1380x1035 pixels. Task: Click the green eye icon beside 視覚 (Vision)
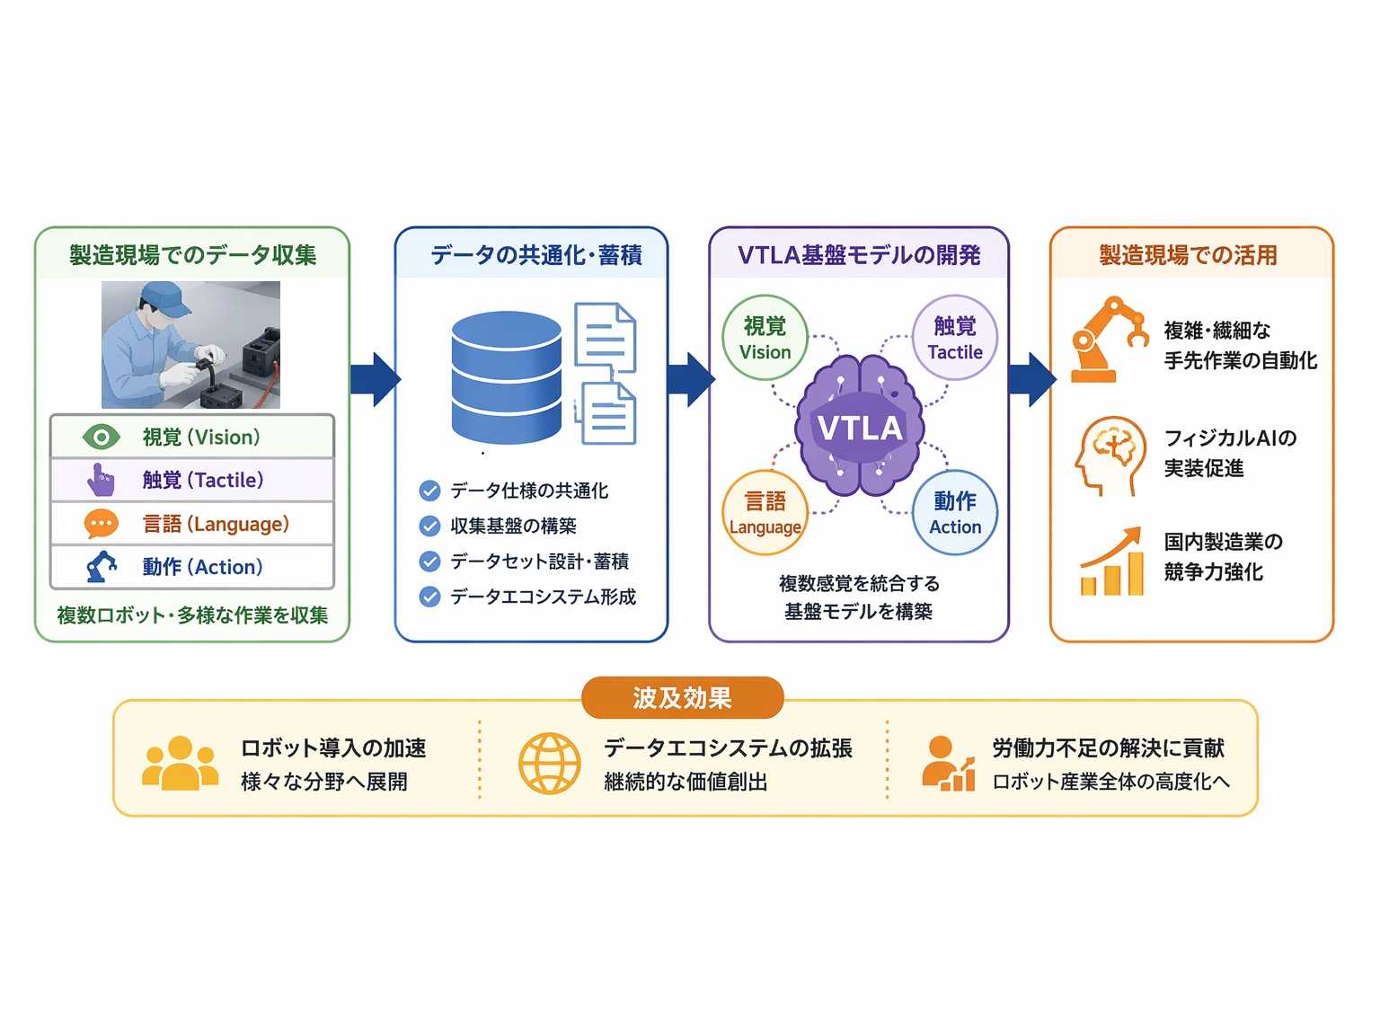pos(101,437)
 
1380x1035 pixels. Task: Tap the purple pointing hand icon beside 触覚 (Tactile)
pos(101,480)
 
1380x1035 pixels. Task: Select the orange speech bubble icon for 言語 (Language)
pos(101,524)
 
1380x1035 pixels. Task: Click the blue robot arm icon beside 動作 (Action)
pos(102,567)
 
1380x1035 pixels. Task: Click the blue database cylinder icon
pos(506,378)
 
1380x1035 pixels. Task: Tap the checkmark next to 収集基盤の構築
pos(429,526)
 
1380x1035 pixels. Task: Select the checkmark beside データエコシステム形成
pos(429,597)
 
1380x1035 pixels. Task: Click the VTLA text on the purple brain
pos(860,429)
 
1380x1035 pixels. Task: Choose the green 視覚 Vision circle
pos(765,338)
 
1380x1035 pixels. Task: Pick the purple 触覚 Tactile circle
pos(954,338)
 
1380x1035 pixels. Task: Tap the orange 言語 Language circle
pos(765,513)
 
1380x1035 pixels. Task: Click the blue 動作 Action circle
pos(954,513)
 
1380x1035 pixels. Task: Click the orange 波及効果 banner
pos(682,697)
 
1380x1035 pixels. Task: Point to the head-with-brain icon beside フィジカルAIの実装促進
pos(1109,456)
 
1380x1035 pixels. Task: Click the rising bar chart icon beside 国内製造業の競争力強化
pos(1110,561)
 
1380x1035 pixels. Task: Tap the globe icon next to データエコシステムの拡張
pos(550,764)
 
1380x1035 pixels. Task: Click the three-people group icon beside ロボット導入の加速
pos(181,763)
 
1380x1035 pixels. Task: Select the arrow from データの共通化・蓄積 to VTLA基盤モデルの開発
pos(690,379)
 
